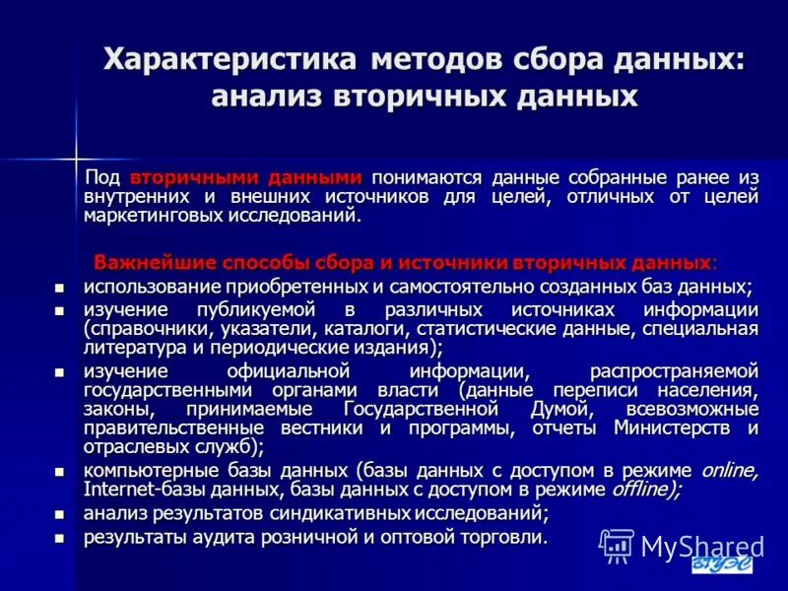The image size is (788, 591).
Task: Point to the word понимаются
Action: [426, 177]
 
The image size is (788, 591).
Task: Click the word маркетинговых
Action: [149, 215]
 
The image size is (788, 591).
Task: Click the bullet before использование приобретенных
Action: [59, 288]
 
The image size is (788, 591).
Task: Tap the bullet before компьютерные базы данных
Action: [59, 471]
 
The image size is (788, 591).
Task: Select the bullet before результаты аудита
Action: [59, 538]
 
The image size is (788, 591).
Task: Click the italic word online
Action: [728, 470]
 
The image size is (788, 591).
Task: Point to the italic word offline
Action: [644, 489]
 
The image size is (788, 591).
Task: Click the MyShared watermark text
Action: [702, 546]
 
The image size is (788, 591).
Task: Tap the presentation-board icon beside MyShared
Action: [617, 545]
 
